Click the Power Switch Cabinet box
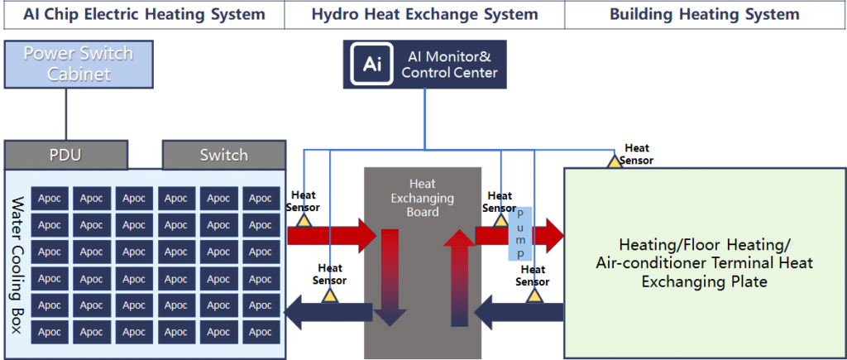(x=79, y=65)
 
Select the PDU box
(x=66, y=155)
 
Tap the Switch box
(x=223, y=155)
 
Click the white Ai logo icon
(x=371, y=65)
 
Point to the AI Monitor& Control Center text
(x=449, y=65)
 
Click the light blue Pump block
(x=520, y=233)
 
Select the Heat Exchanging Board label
(x=423, y=199)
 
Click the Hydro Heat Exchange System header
(x=424, y=14)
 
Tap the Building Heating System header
(x=705, y=14)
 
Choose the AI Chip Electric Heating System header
(x=144, y=14)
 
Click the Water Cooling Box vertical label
(x=18, y=265)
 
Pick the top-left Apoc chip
(x=50, y=199)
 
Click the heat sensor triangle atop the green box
(x=615, y=161)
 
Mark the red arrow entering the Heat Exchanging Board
(x=331, y=236)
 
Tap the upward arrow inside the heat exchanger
(x=459, y=278)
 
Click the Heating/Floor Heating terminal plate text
(x=705, y=263)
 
